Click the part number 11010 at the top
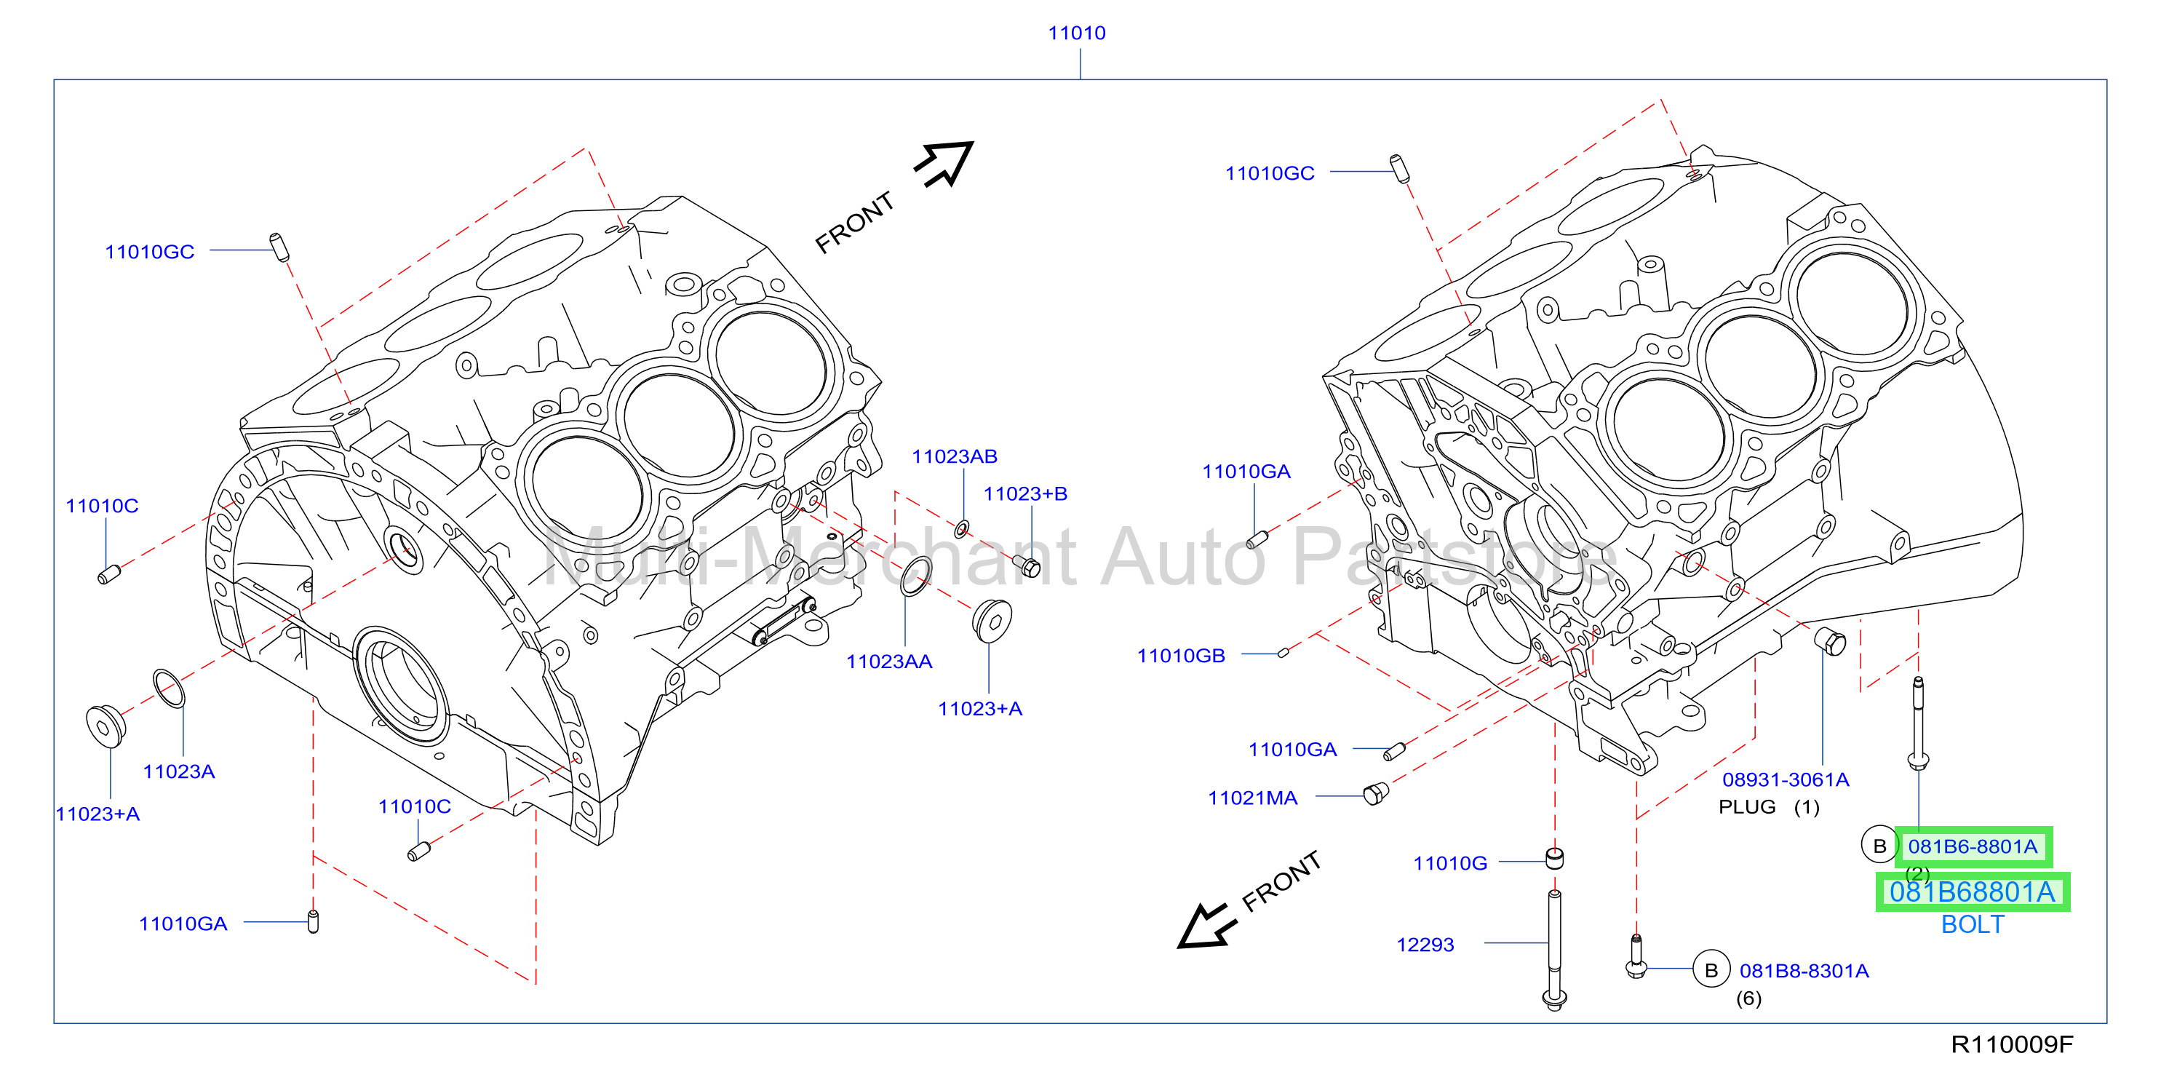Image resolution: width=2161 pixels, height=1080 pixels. click(1076, 33)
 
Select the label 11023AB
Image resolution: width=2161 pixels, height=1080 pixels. click(954, 456)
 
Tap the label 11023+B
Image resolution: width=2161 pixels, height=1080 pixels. click(1025, 493)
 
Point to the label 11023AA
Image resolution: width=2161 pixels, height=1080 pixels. click(889, 662)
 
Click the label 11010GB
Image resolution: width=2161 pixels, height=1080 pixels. click(1180, 656)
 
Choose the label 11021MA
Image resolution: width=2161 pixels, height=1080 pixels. click(1251, 798)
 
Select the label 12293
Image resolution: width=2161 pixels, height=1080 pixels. click(1425, 945)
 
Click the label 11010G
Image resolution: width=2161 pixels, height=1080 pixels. click(1449, 864)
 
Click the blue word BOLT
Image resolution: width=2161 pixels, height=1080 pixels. click(1973, 924)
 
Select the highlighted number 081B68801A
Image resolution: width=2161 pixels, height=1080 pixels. click(1973, 892)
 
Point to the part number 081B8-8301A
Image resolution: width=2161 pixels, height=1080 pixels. click(1804, 971)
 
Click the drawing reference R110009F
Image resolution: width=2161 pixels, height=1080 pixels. click(2012, 1045)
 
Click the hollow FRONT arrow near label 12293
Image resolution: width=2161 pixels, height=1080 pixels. click(1206, 926)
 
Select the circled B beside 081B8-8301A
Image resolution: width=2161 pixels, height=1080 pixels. click(1711, 970)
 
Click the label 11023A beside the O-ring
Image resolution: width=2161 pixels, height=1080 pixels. click(179, 771)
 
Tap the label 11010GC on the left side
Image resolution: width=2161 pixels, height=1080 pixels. click(149, 252)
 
